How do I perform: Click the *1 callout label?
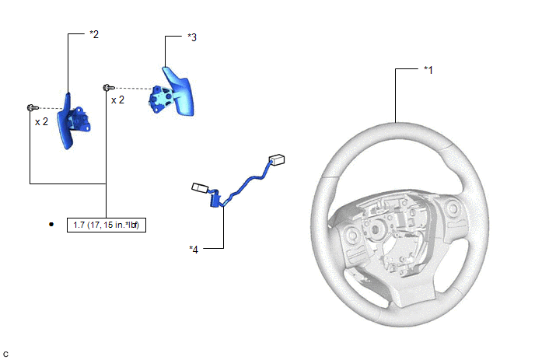point(428,70)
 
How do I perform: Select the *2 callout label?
point(94,34)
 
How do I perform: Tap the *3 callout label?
point(192,37)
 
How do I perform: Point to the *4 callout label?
point(194,250)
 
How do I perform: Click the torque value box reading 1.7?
point(107,225)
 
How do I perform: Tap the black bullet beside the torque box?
point(51,224)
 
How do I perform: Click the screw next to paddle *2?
point(33,108)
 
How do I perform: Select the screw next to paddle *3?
point(109,88)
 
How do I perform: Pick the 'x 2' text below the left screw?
point(41,122)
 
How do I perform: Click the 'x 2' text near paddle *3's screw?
point(117,100)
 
